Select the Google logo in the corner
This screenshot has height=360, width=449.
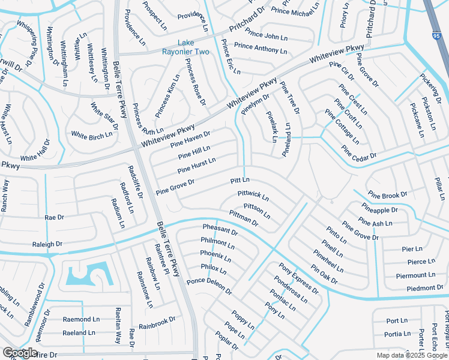pyautogui.click(x=20, y=353)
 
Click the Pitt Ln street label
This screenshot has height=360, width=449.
pyautogui.click(x=240, y=181)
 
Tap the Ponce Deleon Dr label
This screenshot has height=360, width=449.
pyautogui.click(x=209, y=286)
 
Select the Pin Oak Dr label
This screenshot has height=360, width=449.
pyautogui.click(x=324, y=274)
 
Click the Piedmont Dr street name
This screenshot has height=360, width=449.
pyautogui.click(x=416, y=288)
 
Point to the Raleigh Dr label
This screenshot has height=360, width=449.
pyautogui.click(x=47, y=244)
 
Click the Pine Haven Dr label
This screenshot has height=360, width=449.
pyautogui.click(x=190, y=139)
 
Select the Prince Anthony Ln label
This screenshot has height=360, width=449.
pyautogui.click(x=261, y=47)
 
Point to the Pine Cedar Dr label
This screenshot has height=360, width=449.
pyautogui.click(x=358, y=152)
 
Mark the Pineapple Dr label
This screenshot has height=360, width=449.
pyautogui.click(x=379, y=210)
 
